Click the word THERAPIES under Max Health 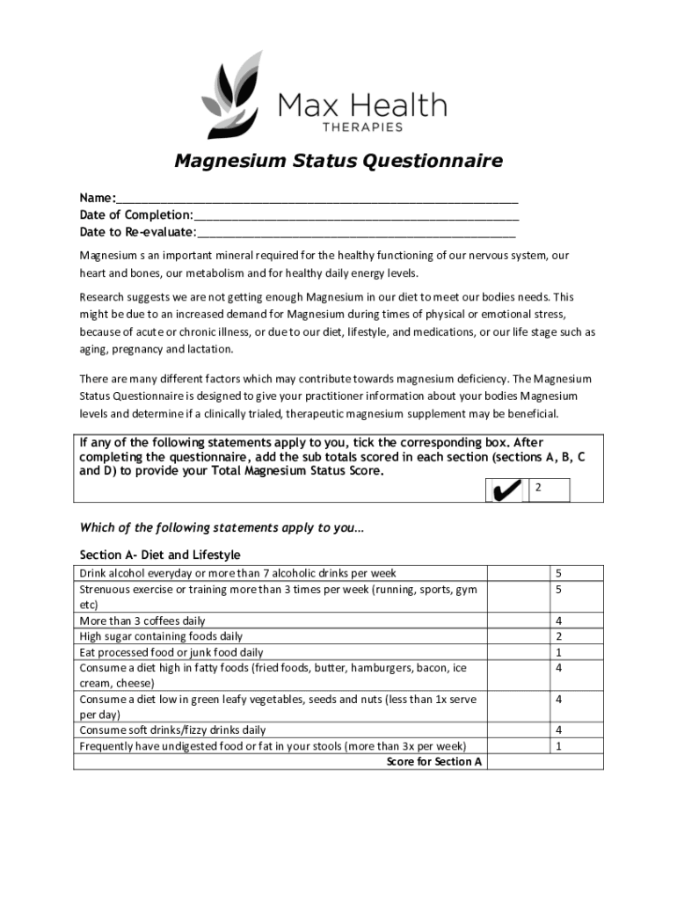361,127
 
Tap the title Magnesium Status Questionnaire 338,162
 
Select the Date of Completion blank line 356,215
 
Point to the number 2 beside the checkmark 539,486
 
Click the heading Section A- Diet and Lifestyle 160,555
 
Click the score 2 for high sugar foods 558,636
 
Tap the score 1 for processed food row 558,652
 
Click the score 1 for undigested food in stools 558,746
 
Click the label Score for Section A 434,762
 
